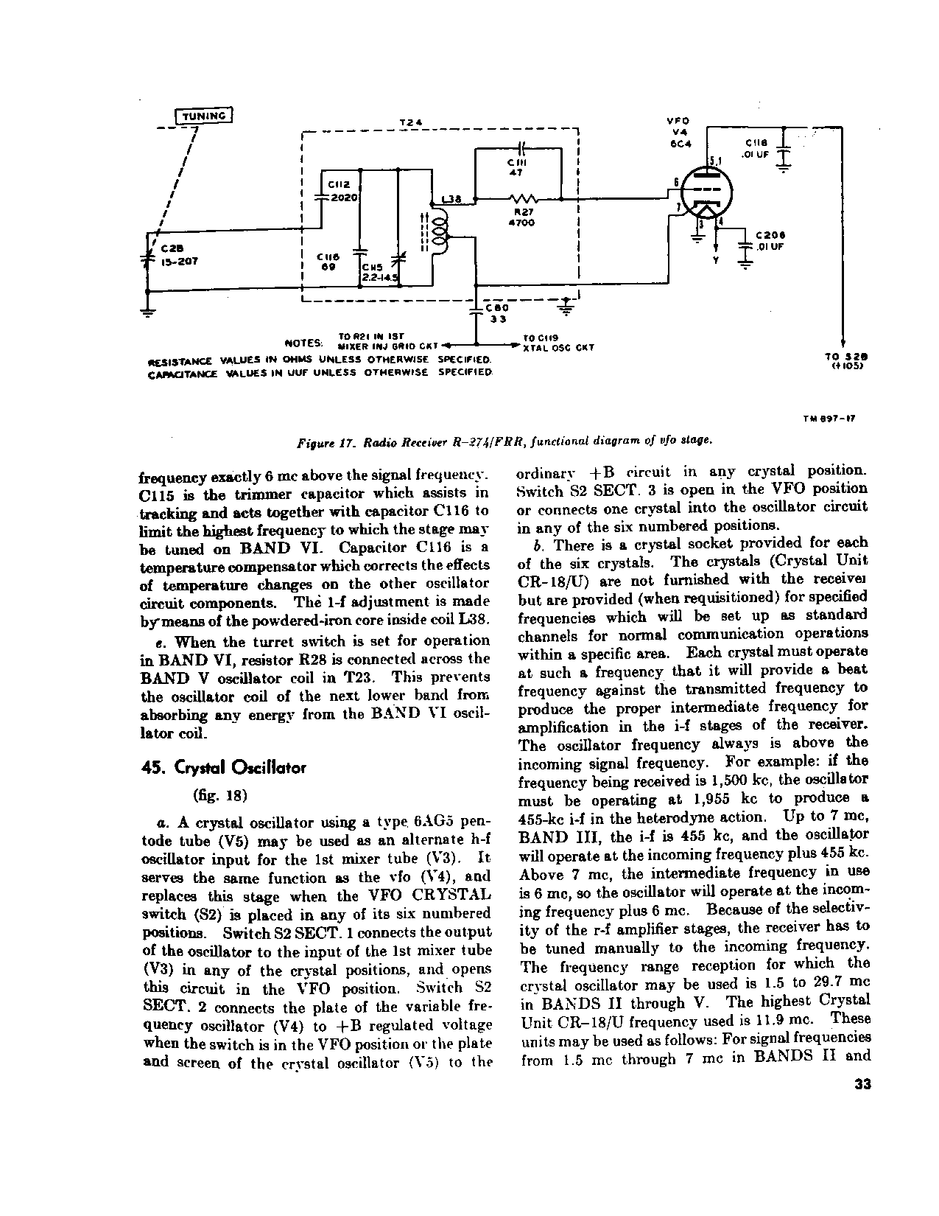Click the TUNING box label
coord(204,116)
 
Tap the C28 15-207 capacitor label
coord(175,254)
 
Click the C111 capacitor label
coord(516,167)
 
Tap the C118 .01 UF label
coord(757,149)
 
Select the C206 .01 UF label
coord(770,241)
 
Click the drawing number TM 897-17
coord(830,419)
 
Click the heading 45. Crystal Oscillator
coord(223,768)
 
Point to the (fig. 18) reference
coord(219,795)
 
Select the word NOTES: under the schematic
coord(304,343)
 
